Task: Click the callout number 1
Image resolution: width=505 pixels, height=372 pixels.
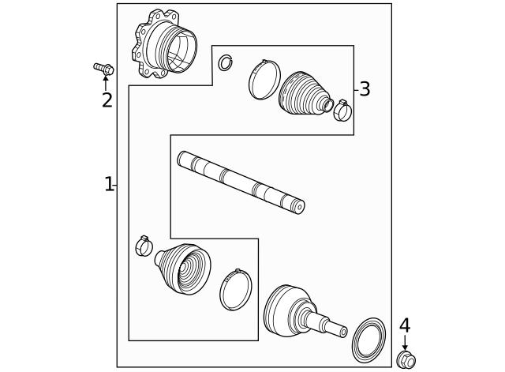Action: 109,185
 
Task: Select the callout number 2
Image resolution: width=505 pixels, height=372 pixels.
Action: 107,101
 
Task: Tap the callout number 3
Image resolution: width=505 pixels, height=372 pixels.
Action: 365,89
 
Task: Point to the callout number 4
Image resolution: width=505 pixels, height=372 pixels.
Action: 405,326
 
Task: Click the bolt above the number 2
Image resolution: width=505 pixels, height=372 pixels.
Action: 103,69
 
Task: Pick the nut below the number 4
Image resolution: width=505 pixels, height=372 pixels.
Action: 406,360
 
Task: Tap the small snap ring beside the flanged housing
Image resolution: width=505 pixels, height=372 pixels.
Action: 226,62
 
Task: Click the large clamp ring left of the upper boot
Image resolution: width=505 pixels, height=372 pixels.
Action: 264,80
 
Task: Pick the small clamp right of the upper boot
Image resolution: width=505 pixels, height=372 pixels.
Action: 342,111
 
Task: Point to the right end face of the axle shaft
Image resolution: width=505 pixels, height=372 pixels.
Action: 299,207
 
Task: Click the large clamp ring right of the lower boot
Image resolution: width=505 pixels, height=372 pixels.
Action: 235,290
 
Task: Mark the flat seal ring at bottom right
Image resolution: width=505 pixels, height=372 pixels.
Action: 368,340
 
